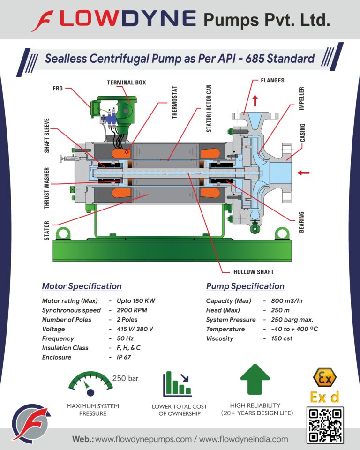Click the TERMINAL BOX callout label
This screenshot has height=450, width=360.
(x=127, y=82)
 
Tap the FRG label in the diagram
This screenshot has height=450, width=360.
(x=58, y=89)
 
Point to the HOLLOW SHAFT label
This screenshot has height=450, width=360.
(x=254, y=272)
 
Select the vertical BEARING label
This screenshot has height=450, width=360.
(x=301, y=222)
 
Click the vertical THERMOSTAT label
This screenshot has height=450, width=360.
(x=174, y=102)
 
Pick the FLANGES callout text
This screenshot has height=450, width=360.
(x=272, y=81)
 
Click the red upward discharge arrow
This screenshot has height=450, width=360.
(x=255, y=101)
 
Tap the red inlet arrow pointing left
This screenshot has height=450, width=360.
(x=303, y=172)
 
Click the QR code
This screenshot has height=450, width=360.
(x=325, y=425)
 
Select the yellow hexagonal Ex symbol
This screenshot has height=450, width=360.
(x=325, y=377)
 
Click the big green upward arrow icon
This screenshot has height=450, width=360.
(x=255, y=379)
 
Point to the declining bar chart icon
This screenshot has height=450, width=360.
(x=177, y=384)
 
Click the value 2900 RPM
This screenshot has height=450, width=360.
(x=132, y=310)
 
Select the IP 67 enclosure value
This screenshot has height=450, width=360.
(x=124, y=357)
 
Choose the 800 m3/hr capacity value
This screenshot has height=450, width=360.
(x=287, y=301)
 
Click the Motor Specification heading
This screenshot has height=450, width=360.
(x=82, y=286)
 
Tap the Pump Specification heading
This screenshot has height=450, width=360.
(x=245, y=286)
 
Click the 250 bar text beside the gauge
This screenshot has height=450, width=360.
(x=125, y=378)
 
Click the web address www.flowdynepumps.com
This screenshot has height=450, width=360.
(x=143, y=439)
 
